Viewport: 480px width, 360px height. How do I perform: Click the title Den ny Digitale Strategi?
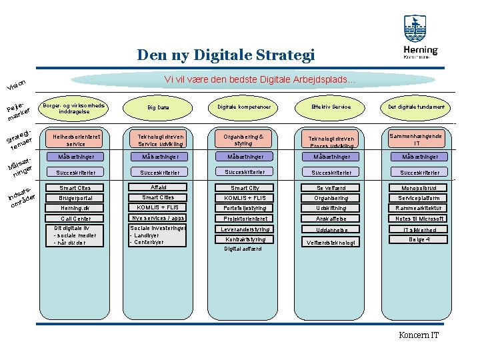(x=225, y=55)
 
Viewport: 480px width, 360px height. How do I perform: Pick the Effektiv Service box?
(x=331, y=107)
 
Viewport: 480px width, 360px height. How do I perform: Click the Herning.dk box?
(x=75, y=208)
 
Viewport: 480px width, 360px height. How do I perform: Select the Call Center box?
(x=75, y=219)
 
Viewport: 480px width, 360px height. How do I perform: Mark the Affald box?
(x=158, y=187)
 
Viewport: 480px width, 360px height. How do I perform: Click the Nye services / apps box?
(x=158, y=218)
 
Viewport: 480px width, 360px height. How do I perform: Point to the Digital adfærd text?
(x=243, y=249)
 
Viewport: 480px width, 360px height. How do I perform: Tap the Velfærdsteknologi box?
(x=331, y=242)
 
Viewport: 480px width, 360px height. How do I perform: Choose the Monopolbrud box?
(x=418, y=188)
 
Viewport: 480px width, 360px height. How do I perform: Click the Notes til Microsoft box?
(x=418, y=219)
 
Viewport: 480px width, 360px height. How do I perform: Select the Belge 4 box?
(x=418, y=239)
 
